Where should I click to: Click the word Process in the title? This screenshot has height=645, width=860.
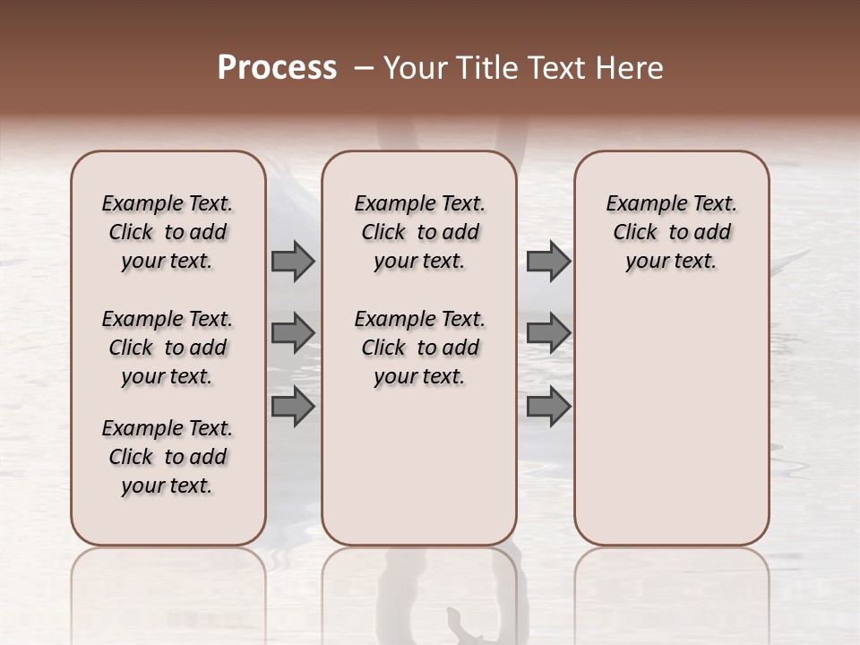point(277,68)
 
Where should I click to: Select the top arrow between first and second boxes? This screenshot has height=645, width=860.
point(292,262)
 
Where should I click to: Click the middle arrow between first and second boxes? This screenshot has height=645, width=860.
point(292,333)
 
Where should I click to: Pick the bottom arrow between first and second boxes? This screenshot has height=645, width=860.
point(292,406)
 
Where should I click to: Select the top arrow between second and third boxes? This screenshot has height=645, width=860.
point(548,262)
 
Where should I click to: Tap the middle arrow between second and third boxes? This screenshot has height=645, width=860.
point(548,333)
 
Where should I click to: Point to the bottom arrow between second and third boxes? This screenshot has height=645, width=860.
point(548,406)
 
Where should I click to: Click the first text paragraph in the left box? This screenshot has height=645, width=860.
point(168,232)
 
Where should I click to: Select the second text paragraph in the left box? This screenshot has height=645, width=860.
point(168,348)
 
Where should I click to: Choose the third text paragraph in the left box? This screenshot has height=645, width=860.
point(168,457)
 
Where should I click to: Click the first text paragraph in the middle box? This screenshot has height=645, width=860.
point(419,232)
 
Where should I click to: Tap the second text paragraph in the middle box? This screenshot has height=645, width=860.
point(419,348)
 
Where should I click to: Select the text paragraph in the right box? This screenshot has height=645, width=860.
point(672,232)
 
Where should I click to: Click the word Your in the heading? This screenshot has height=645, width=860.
point(415,68)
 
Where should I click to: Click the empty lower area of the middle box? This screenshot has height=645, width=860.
point(419,466)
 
